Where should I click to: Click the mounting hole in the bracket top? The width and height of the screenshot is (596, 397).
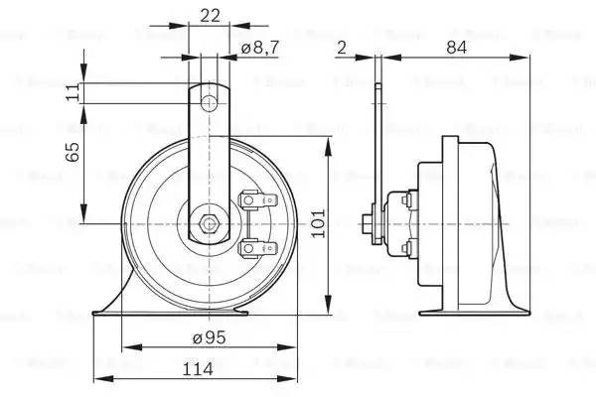[x=209, y=102]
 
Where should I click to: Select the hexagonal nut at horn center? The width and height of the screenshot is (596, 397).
[x=208, y=222]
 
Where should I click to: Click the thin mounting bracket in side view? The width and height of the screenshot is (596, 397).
[x=376, y=149]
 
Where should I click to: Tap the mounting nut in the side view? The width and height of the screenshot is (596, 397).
[x=369, y=224]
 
